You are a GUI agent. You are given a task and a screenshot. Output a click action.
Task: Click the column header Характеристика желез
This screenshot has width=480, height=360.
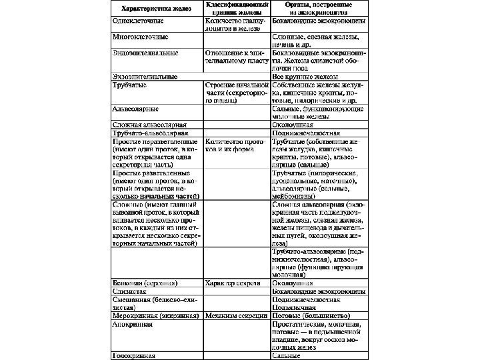[x=157, y=9]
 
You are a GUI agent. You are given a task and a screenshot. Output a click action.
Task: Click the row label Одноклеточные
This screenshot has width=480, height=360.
[x=137, y=21]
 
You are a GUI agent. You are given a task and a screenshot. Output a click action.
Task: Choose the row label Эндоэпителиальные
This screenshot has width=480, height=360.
[x=145, y=52]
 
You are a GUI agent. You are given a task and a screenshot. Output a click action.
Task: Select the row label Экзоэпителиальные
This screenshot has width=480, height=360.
[x=144, y=76]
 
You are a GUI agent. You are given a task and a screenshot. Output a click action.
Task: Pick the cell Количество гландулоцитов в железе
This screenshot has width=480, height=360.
[x=237, y=25]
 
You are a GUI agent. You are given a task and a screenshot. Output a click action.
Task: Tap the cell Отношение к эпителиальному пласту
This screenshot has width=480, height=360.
[x=237, y=56]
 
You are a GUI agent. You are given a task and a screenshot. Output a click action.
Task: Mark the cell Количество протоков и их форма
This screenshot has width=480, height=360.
[x=235, y=145]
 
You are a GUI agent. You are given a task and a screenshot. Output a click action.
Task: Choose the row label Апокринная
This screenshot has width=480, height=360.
[x=133, y=324]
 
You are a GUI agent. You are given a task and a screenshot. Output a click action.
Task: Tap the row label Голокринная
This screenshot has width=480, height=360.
[x=134, y=356]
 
